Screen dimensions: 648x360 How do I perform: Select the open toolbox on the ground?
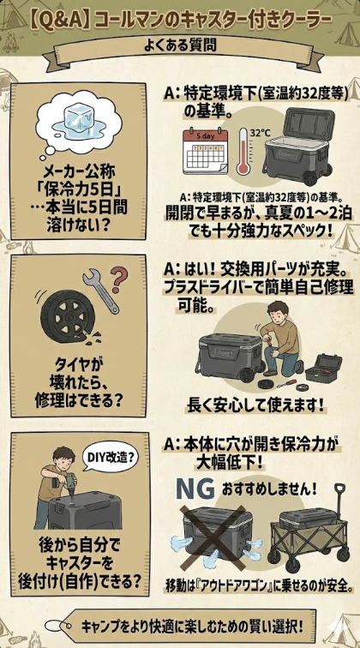(x=320, y=370)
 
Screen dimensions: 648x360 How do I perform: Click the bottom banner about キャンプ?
(x=180, y=622)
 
